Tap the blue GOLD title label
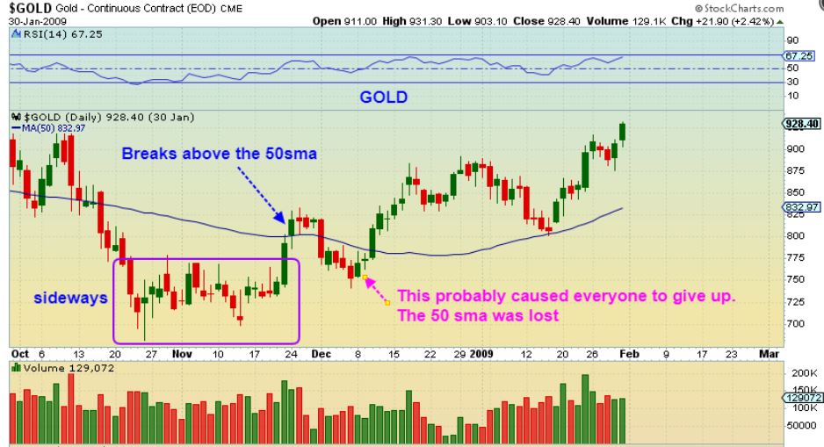point(383,97)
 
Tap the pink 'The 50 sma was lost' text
point(479,315)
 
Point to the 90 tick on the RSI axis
point(791,40)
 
